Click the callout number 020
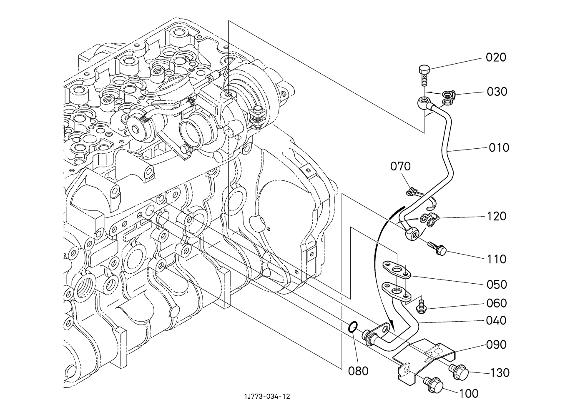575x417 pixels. click(496, 57)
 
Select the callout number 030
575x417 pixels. click(497, 92)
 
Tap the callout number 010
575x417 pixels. click(499, 147)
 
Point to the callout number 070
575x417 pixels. click(400, 167)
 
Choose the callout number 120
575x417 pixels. click(496, 216)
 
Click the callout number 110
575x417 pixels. click(496, 259)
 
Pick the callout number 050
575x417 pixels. click(497, 285)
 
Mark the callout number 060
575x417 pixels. click(497, 303)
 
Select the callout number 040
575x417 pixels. click(497, 320)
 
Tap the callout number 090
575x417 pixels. click(497, 345)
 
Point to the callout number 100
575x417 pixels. click(468, 393)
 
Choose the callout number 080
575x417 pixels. click(359, 370)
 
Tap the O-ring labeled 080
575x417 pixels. click(352, 327)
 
